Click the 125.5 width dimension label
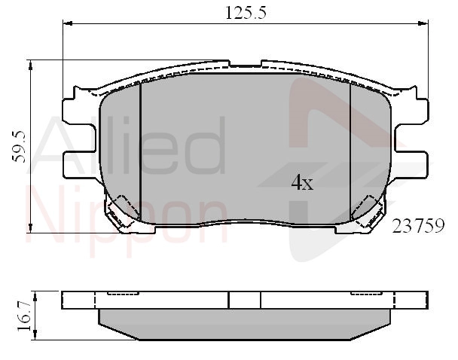246,13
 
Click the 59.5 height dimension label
19,147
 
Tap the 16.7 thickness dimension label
23,316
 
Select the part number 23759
418,226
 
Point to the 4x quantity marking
302,182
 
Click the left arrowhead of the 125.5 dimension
68,23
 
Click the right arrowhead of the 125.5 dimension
423,23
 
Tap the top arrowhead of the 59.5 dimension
30,65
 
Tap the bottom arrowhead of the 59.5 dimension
30,228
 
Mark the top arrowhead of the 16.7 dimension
35,296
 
